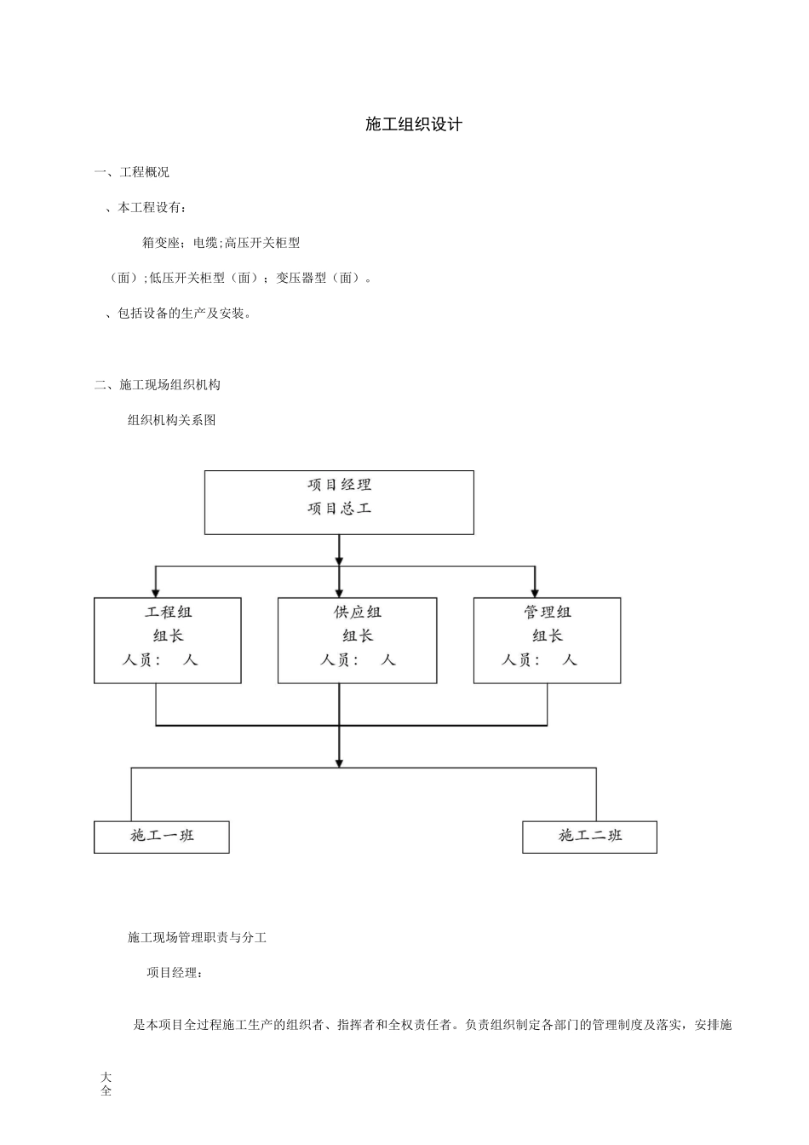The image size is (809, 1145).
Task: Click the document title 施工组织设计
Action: (413, 124)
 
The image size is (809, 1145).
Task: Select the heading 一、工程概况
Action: (132, 172)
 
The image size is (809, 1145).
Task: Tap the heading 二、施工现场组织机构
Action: (158, 385)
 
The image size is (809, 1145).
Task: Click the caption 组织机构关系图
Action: (171, 420)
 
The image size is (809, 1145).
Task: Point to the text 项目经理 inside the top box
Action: (339, 485)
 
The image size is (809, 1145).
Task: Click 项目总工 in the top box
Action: (339, 509)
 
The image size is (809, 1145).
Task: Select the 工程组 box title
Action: (168, 613)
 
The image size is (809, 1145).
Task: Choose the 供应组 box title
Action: (357, 613)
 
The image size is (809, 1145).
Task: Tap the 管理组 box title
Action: (547, 613)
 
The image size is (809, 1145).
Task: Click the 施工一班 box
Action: (162, 837)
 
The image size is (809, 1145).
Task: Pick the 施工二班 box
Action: (589, 837)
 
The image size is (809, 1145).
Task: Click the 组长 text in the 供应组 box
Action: (357, 636)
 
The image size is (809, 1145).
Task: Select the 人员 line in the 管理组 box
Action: (538, 659)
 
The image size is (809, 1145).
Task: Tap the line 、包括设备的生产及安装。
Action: (178, 314)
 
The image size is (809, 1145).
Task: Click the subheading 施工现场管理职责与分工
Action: (197, 938)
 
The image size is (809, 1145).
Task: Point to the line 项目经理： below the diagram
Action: (175, 973)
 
